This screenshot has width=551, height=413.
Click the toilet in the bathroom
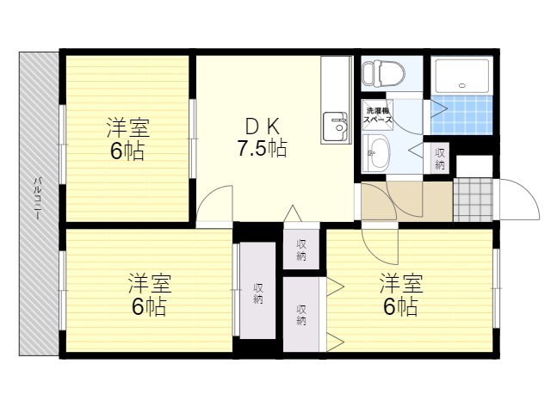[383, 74]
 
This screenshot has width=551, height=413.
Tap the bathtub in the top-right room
[461, 76]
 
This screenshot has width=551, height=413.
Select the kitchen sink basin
[336, 126]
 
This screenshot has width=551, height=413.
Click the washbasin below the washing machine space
[376, 153]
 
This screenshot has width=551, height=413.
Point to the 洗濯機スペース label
[377, 114]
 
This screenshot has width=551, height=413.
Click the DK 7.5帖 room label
[263, 138]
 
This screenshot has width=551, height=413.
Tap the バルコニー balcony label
[38, 199]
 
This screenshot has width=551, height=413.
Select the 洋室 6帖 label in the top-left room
[128, 139]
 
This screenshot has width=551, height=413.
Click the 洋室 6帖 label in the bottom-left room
[149, 295]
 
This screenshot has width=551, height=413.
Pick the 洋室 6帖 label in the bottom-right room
[401, 295]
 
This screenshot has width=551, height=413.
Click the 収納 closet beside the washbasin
[440, 158]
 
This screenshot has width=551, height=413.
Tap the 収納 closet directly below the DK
[301, 250]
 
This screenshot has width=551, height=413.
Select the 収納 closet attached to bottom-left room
[257, 291]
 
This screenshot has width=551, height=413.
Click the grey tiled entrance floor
[473, 200]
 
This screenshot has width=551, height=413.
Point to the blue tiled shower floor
[461, 114]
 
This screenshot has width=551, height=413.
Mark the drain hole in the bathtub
[461, 85]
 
